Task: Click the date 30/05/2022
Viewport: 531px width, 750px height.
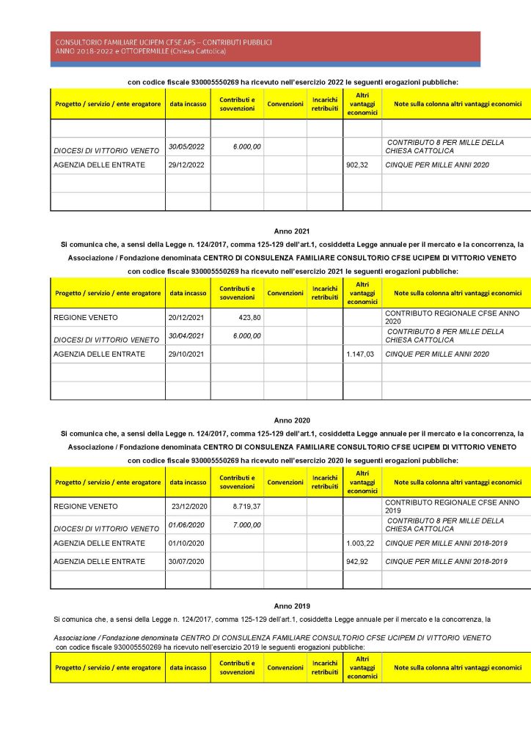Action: (x=186, y=146)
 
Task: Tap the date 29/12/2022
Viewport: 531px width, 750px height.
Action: (x=186, y=165)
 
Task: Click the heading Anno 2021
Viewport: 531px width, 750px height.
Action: (x=292, y=231)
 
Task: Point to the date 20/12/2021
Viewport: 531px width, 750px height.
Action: (x=186, y=318)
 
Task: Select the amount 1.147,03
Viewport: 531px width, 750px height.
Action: (x=359, y=354)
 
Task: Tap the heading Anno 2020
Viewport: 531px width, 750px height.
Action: (x=292, y=420)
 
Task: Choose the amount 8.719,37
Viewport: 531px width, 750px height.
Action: (x=246, y=506)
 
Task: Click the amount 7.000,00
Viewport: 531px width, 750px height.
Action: (x=246, y=524)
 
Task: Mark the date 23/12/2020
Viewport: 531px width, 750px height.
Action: (x=190, y=506)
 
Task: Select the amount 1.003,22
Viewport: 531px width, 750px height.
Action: (x=359, y=543)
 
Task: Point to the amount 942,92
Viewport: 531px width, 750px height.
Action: (x=359, y=561)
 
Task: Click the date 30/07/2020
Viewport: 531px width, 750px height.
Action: (x=186, y=561)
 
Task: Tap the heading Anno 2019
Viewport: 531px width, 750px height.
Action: (x=292, y=606)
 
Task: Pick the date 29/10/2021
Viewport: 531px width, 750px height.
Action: (x=186, y=354)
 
